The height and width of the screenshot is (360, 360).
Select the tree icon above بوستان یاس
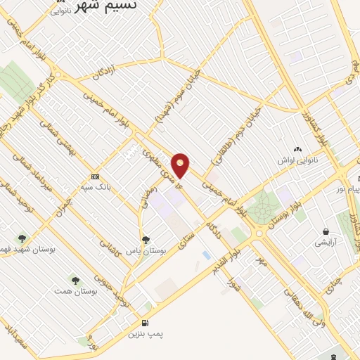click(146, 240)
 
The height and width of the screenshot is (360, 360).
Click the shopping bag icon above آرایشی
click(326, 231)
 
